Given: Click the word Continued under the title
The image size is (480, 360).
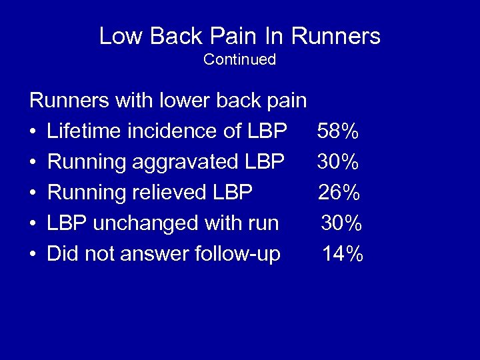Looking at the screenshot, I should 239,59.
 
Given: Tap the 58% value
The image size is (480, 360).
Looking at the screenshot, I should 339,131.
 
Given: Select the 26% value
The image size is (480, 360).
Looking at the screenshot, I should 339,193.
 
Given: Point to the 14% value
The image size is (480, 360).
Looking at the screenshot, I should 343,254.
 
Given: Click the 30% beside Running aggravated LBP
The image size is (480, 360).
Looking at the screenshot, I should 339,162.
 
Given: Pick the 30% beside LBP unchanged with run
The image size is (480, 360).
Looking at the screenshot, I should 341,223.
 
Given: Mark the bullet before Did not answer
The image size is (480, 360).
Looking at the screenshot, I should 33,255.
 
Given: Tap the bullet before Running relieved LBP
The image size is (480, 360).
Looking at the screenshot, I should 33,193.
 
